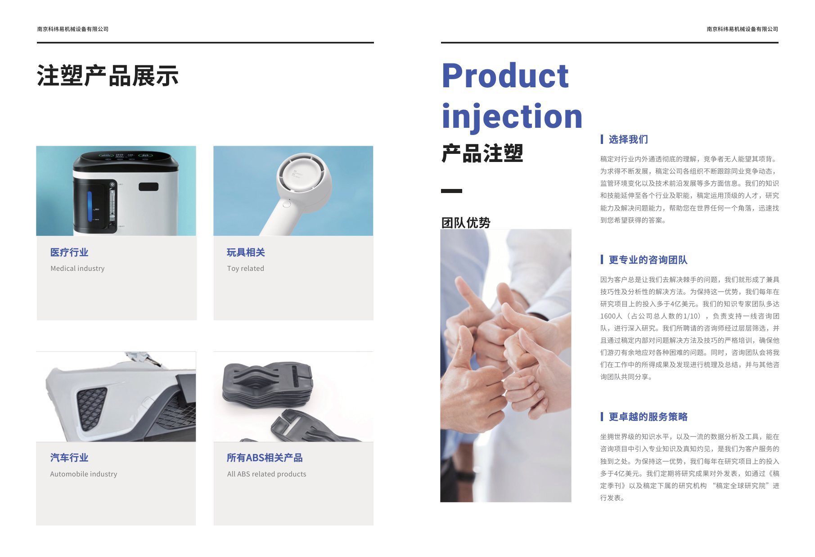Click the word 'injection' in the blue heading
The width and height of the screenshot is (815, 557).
click(x=512, y=116)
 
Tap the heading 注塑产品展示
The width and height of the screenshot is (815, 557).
click(x=108, y=76)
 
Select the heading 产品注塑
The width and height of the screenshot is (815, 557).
click(x=482, y=153)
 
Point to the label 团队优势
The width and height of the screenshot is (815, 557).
click(x=465, y=222)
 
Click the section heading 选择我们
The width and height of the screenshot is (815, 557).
click(x=628, y=139)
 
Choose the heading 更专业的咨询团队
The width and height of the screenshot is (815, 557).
click(x=648, y=260)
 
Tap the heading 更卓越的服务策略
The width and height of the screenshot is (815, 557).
click(x=648, y=417)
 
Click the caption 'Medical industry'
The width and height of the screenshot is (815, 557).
click(x=77, y=269)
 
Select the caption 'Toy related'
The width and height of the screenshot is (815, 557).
click(x=245, y=269)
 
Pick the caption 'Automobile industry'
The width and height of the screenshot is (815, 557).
click(x=84, y=474)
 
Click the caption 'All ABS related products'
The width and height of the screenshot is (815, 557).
click(x=266, y=474)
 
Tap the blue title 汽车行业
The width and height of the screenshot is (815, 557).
click(x=69, y=458)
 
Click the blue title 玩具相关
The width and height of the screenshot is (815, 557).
click(x=246, y=252)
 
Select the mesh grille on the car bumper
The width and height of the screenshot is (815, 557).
click(x=92, y=407)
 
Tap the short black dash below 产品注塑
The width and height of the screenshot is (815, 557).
click(x=451, y=191)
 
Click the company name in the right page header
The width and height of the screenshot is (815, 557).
click(x=742, y=29)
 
